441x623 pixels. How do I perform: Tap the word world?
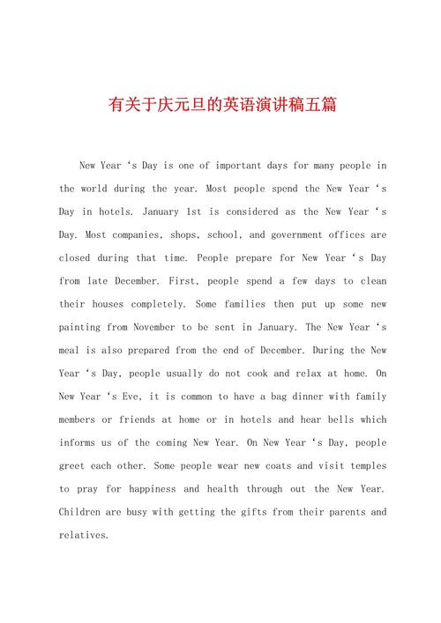pos(94,189)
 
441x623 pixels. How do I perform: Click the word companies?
pos(136,235)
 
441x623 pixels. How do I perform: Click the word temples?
pos(364,465)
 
